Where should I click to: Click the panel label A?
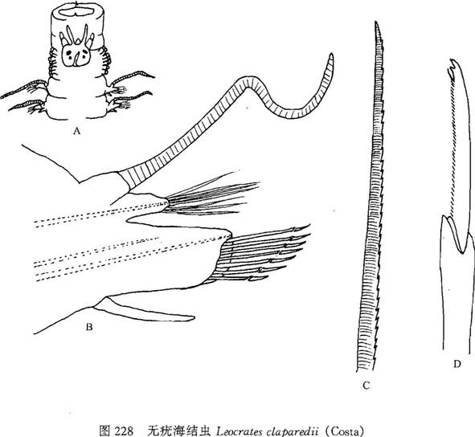[x=77, y=131]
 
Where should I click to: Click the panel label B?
[x=89, y=327]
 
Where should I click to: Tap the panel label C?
[x=366, y=386]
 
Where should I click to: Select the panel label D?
[x=457, y=364]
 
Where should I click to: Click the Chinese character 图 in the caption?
[x=104, y=431]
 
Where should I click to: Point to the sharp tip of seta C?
[x=375, y=22]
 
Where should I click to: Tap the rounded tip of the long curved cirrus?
[x=332, y=55]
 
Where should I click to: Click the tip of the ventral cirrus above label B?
[x=193, y=317]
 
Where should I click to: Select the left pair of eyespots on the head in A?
[x=70, y=55]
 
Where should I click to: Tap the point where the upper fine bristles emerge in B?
[x=167, y=201]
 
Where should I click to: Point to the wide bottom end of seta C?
[x=366, y=370]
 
